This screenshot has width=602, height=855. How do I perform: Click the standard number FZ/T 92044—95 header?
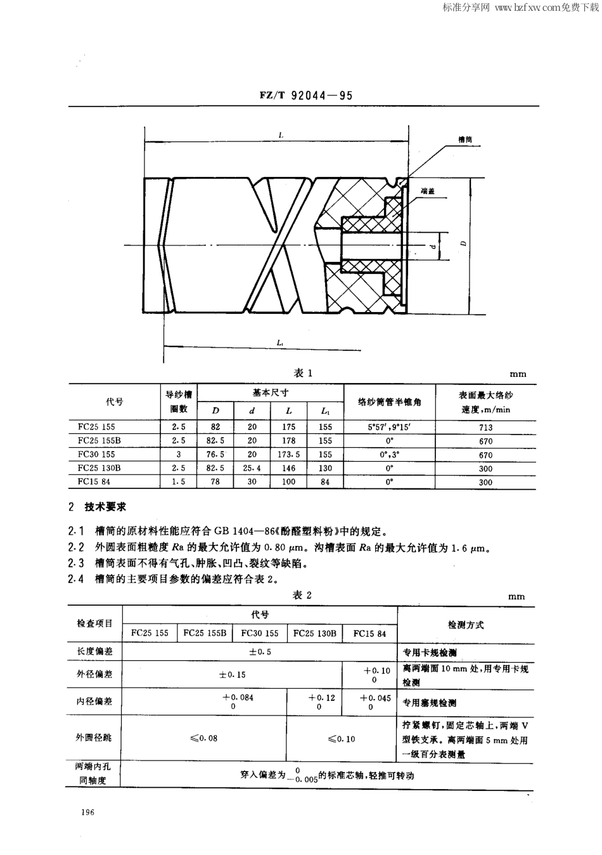click(305, 96)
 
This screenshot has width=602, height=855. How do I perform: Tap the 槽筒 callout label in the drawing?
click(466, 139)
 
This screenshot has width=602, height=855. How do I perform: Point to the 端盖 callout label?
click(427, 190)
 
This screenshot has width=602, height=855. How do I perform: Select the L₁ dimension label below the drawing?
click(280, 343)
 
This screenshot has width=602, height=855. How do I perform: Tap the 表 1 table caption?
click(303, 373)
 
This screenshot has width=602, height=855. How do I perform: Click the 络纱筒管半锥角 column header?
click(389, 401)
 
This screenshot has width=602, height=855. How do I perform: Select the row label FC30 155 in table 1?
click(97, 454)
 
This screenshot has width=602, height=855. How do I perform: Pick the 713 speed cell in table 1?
click(485, 427)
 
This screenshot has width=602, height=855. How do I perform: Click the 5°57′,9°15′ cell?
click(389, 427)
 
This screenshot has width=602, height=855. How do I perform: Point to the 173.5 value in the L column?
click(289, 455)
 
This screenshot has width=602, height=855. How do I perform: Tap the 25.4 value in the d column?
click(252, 468)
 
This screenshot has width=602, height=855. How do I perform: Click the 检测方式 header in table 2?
click(466, 625)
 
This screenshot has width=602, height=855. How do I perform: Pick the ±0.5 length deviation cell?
click(260, 651)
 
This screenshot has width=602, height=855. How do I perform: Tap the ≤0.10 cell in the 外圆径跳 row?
click(341, 738)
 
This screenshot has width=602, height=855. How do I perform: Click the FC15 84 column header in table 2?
click(369, 633)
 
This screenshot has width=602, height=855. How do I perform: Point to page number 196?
click(87, 813)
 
